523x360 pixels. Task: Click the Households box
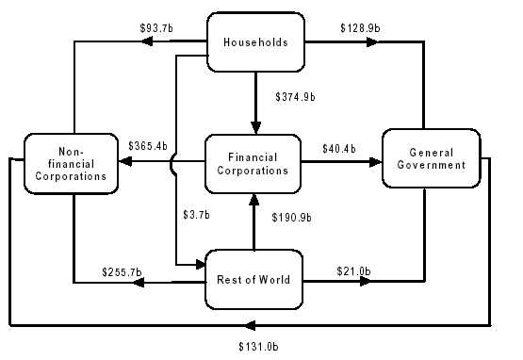[255, 43]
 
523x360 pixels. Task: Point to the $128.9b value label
[359, 28]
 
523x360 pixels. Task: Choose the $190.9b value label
[291, 217]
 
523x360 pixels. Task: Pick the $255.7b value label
[123, 273]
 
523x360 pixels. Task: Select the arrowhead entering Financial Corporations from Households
[255, 128]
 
